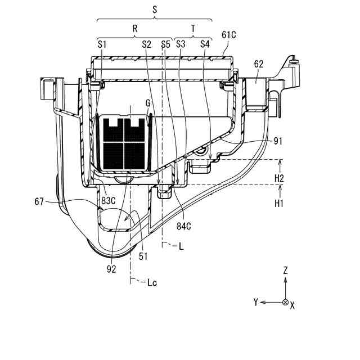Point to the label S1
click(102, 43)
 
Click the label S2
click(146, 43)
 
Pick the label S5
click(165, 43)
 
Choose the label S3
click(181, 43)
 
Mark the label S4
click(205, 43)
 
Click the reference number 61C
click(228, 35)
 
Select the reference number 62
click(259, 64)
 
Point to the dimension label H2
click(278, 178)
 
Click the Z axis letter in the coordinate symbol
click(285, 271)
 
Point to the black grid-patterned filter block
click(124, 142)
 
